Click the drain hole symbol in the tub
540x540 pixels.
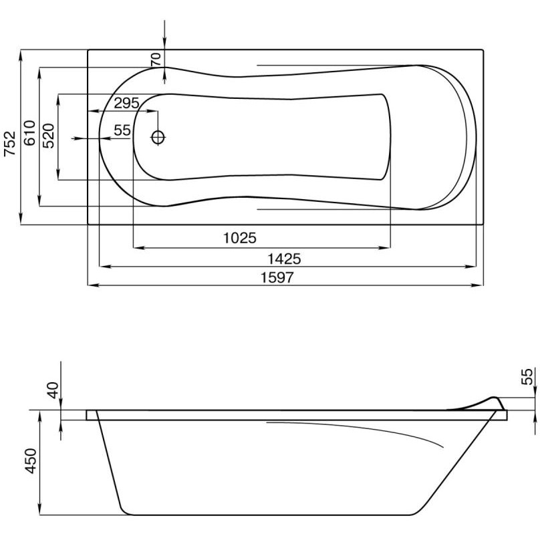[x=158, y=138]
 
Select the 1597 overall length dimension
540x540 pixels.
[x=277, y=277]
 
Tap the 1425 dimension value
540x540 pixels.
[x=284, y=259]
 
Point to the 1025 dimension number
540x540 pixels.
[x=240, y=238]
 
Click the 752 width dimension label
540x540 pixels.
[x=10, y=143]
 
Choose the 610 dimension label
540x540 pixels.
[x=29, y=133]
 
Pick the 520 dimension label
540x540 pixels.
[x=49, y=136]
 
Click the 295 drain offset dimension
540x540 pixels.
[x=126, y=103]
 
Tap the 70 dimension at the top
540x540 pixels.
[x=156, y=59]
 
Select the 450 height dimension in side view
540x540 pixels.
[x=31, y=460]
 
